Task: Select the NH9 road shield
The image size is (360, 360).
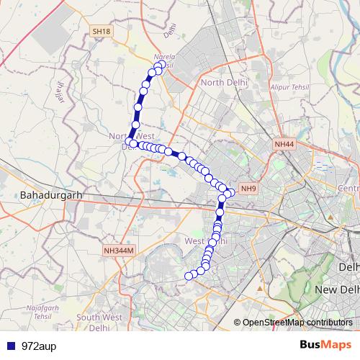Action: (x=248, y=189)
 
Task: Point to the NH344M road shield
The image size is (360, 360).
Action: (x=118, y=250)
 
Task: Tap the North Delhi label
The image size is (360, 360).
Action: (x=223, y=83)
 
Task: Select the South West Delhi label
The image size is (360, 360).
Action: (x=99, y=322)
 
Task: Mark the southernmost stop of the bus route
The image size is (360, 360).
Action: (x=190, y=276)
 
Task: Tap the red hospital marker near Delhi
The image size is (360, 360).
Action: (x=330, y=215)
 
